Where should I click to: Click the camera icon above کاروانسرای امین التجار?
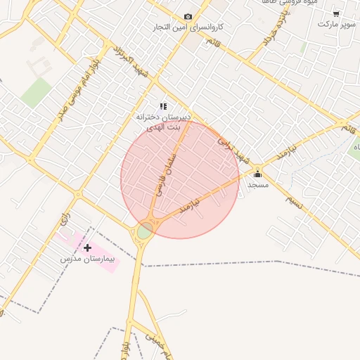tap(188, 17)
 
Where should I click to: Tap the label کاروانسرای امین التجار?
tap(188, 27)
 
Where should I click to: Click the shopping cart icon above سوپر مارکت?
tap(336, 13)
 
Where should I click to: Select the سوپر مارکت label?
tap(336, 24)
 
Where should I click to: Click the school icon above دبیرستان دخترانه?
tap(164, 106)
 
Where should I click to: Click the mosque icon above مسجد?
tap(257, 173)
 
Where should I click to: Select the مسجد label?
tap(257, 184)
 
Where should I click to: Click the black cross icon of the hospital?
tap(88, 247)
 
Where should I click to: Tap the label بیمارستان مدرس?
tap(88, 259)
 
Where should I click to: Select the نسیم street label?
tap(296, 201)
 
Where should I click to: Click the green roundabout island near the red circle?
tap(145, 231)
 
